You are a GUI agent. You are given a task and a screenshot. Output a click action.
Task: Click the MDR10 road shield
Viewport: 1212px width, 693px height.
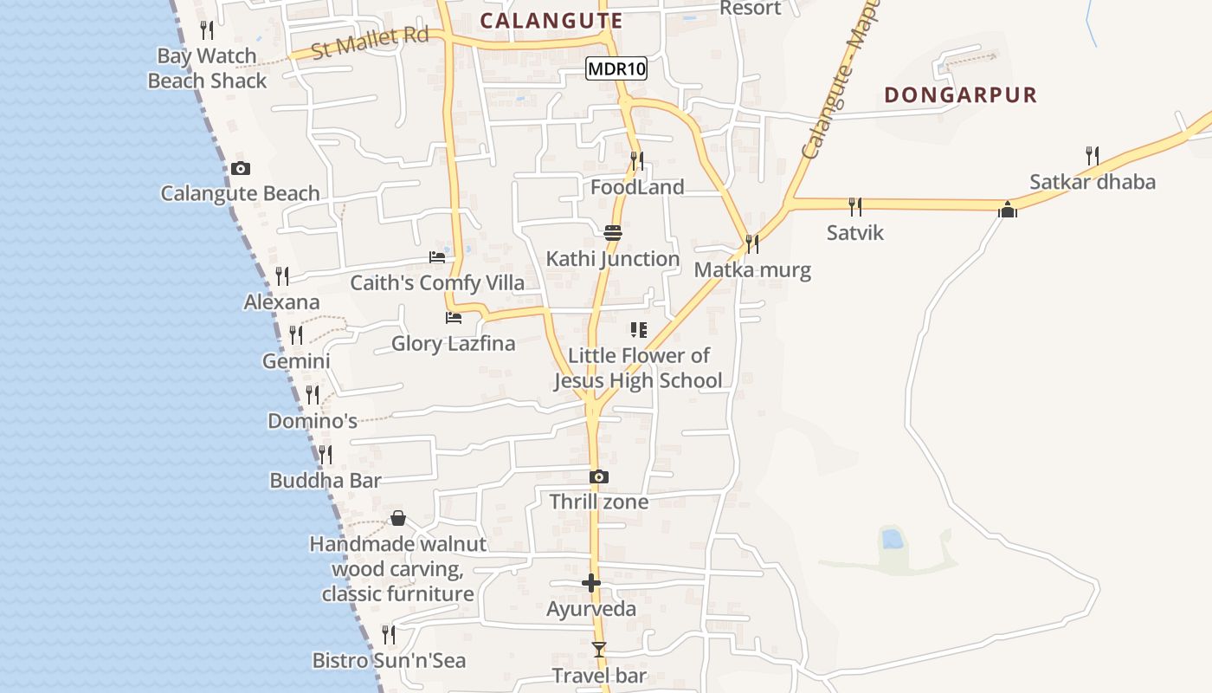(x=616, y=68)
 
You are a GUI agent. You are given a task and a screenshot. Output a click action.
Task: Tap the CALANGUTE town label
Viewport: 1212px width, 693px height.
(x=551, y=21)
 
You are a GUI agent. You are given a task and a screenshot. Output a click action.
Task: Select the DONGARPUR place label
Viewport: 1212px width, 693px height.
(x=960, y=95)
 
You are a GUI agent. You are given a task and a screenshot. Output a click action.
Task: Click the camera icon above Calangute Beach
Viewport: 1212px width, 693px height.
(x=241, y=168)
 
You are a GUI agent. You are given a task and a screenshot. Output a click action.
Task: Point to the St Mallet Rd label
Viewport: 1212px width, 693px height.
(x=370, y=42)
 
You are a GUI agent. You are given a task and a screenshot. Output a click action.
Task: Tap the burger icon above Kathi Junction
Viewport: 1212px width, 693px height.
(x=613, y=233)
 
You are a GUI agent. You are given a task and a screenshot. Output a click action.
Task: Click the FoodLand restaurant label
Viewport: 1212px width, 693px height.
(x=637, y=187)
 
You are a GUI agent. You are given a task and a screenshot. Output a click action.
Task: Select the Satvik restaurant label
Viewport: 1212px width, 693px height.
(x=854, y=232)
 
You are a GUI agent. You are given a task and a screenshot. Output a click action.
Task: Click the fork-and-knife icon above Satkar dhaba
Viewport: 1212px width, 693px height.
(x=1093, y=156)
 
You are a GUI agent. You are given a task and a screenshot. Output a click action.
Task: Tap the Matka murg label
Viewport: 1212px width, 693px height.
(x=752, y=269)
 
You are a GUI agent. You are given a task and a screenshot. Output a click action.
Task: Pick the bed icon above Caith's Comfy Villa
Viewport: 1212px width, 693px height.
(x=437, y=256)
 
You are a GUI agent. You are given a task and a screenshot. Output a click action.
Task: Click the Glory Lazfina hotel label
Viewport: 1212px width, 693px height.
(x=453, y=343)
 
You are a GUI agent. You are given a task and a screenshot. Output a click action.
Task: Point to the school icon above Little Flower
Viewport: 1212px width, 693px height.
(x=639, y=330)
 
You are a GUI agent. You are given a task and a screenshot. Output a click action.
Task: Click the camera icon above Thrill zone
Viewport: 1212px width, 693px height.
(x=598, y=476)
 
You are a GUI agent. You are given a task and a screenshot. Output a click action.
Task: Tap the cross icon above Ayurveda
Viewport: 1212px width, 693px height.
(x=591, y=583)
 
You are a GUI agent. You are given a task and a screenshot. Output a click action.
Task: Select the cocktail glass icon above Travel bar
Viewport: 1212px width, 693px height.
(x=598, y=649)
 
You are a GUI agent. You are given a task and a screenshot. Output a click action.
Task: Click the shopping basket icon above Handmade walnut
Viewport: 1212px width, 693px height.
(x=397, y=518)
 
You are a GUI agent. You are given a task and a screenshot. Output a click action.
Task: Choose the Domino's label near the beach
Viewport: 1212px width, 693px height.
(x=312, y=422)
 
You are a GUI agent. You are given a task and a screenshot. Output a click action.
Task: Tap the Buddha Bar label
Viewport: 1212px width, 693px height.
(x=326, y=481)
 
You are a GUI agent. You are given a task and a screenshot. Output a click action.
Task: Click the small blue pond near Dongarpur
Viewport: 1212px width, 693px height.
(x=892, y=540)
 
